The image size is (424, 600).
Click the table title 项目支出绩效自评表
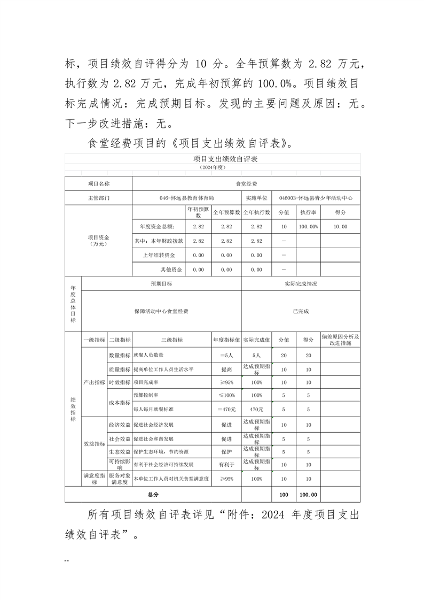[x=213, y=159]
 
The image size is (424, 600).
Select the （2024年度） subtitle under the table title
[x=213, y=167]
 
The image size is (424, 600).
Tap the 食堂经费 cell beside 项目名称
[x=246, y=183]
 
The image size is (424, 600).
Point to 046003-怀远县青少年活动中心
[x=316, y=198]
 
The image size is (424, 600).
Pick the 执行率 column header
[x=308, y=212]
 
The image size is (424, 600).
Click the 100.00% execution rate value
[x=308, y=227]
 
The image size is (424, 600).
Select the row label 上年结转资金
[x=159, y=256]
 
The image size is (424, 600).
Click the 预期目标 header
[x=161, y=284]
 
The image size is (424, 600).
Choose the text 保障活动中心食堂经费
[x=161, y=311]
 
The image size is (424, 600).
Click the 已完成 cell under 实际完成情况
[x=301, y=311]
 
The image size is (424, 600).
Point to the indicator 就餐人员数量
[x=148, y=355]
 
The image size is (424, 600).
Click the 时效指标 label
[x=120, y=382]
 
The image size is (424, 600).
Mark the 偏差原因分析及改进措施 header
[x=340, y=340]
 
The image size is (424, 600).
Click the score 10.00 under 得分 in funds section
[x=340, y=227]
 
